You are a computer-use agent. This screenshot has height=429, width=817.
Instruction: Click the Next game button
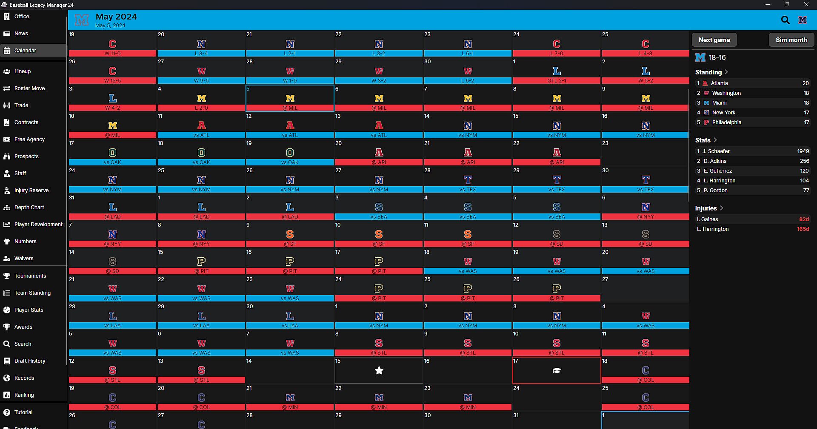click(x=714, y=40)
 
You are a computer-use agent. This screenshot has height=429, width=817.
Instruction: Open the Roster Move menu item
click(x=29, y=88)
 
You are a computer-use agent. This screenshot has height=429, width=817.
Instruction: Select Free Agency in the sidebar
click(x=29, y=139)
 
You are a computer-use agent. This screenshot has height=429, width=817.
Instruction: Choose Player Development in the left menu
click(x=38, y=224)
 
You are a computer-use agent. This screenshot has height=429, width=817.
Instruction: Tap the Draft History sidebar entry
click(x=30, y=361)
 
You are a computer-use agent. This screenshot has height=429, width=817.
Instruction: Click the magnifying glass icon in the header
click(x=785, y=20)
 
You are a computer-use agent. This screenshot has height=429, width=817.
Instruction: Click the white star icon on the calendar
click(x=379, y=371)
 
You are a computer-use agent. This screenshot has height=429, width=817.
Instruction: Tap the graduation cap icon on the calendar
click(x=557, y=371)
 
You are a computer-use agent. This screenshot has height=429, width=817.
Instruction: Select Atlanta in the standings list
click(x=719, y=83)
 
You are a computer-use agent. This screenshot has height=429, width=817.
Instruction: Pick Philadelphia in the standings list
click(x=726, y=122)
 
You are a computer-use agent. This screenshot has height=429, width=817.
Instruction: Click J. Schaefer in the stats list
click(x=716, y=151)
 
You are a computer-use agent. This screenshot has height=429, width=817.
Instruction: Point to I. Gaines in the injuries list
click(x=707, y=219)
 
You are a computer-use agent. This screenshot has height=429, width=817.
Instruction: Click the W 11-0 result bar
click(x=112, y=54)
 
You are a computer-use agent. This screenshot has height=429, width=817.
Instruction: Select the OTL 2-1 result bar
click(x=557, y=81)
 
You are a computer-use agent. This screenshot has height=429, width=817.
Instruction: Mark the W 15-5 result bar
click(x=112, y=81)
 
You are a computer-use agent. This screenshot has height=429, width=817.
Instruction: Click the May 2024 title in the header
click(x=116, y=17)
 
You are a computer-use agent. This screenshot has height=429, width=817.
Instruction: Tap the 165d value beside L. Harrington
click(x=803, y=229)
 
